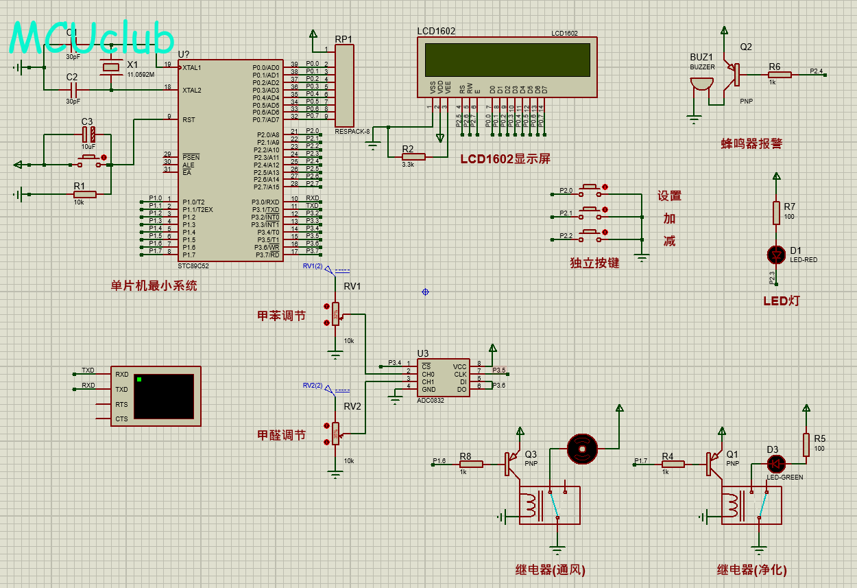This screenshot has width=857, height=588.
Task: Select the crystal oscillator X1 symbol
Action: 111,67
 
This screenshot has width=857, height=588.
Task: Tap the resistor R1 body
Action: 84,194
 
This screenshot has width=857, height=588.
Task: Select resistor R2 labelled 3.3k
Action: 413,156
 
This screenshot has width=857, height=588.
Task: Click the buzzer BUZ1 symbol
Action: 700,83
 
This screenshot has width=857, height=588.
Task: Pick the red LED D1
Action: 777,255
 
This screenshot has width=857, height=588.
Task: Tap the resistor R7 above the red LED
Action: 777,212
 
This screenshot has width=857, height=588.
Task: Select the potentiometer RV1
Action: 335,313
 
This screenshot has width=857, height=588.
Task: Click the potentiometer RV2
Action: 335,433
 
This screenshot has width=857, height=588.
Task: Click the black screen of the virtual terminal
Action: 165,397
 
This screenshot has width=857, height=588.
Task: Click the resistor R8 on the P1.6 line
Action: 472,464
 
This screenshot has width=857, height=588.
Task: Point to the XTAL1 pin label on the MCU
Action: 192,67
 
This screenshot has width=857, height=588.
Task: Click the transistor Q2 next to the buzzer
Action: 734,71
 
